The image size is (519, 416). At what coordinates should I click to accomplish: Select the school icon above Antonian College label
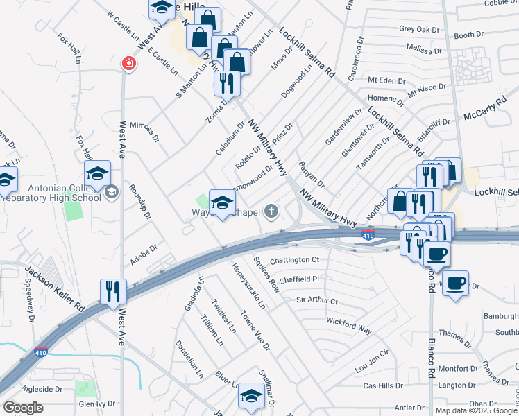click(97, 173)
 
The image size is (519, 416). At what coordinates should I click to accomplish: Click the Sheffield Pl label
click(295, 279)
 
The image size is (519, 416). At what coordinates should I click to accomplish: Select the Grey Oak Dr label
click(420, 29)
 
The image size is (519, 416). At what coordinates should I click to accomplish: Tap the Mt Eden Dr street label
click(386, 80)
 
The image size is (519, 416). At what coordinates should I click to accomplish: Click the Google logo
click(23, 408)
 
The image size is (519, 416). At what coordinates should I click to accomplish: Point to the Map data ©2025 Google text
click(476, 410)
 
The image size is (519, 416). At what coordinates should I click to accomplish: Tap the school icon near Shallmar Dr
click(251, 396)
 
